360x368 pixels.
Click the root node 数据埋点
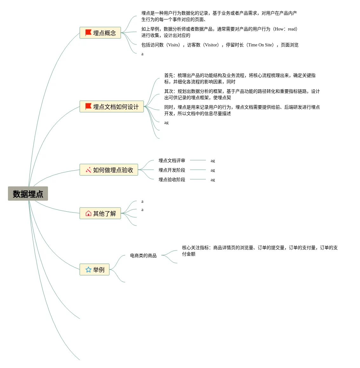pyautogui.click(x=28, y=194)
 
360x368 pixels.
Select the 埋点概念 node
pyautogui.click(x=100, y=33)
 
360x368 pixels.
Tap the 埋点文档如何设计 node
pyautogui.click(x=112, y=106)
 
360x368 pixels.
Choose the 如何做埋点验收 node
pyautogui.click(x=109, y=170)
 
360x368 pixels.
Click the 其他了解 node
pyautogui.click(x=100, y=213)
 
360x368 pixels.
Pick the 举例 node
pyautogui.click(x=95, y=269)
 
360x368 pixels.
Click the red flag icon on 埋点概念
pyautogui.click(x=88, y=33)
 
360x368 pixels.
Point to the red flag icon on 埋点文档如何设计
pyautogui.click(x=88, y=106)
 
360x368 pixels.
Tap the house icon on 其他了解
pyautogui.click(x=88, y=213)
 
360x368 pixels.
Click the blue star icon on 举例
pyautogui.click(x=88, y=269)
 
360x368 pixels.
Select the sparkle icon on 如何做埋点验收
pyautogui.click(x=88, y=170)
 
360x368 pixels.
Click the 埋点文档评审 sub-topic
pyautogui.click(x=172, y=160)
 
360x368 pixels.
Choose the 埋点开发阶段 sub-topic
pyautogui.click(x=172, y=170)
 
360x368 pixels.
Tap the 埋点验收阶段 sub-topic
pyautogui.click(x=172, y=180)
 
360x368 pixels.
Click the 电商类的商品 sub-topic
pyautogui.click(x=143, y=256)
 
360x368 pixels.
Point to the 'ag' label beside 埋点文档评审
pyautogui.click(x=213, y=161)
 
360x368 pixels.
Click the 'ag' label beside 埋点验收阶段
pyautogui.click(x=213, y=180)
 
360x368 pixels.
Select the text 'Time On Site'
pyautogui.click(x=260, y=45)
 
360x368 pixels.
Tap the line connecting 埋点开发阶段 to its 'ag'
pyautogui.click(x=198, y=170)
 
